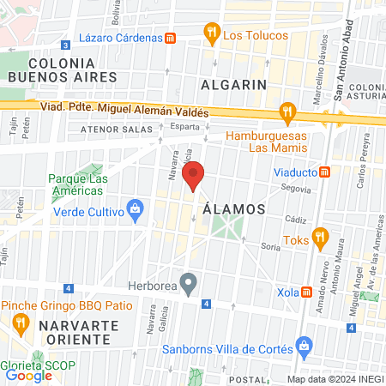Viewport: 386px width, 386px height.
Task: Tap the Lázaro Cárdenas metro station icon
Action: tap(171, 38)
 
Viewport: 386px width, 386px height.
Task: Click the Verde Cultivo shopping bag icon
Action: tap(134, 207)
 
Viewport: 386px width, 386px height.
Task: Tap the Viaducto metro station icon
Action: tap(325, 172)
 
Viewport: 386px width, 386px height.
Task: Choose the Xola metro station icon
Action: tap(307, 292)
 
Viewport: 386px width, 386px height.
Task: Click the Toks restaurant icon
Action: tap(320, 236)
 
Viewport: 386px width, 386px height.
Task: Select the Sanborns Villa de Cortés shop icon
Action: tap(302, 347)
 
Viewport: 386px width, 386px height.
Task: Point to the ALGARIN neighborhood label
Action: tap(234, 84)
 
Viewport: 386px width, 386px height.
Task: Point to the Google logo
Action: tap(28, 376)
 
